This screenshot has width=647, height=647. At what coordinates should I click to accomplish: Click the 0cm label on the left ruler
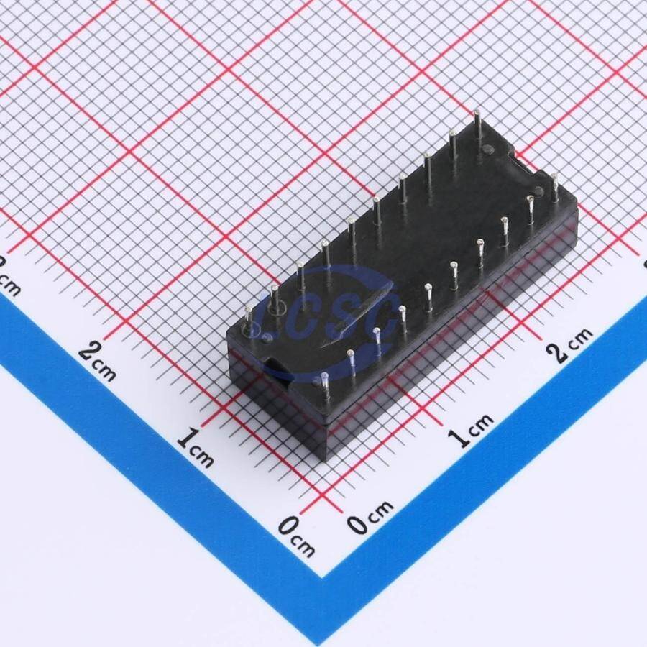tap(296, 536)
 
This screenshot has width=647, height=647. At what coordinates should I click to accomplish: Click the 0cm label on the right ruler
tap(370, 518)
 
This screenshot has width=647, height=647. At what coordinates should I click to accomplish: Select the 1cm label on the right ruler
tap(471, 431)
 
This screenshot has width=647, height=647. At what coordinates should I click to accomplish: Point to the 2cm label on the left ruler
tap(97, 362)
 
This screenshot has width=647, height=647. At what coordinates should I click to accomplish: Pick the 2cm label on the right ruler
tap(569, 344)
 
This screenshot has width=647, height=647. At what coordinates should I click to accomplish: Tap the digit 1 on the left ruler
tap(185, 440)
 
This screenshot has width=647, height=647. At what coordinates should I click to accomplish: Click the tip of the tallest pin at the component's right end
tap(477, 111)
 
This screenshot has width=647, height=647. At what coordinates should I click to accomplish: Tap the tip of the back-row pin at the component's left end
tap(248, 308)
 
